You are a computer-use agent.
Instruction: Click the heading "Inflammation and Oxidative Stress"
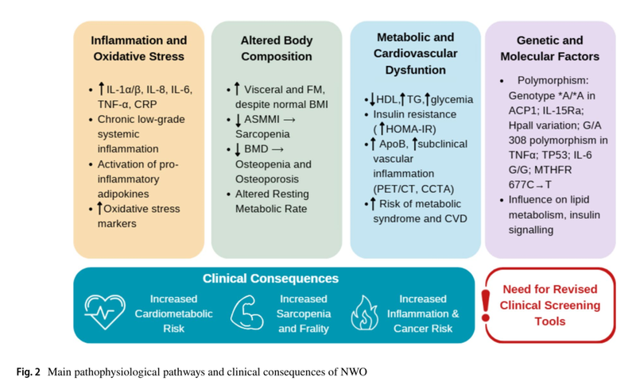tap(138, 48)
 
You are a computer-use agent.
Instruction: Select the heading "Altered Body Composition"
tap(276, 48)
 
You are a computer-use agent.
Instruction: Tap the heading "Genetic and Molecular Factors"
tap(549, 48)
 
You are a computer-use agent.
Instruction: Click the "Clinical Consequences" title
tap(271, 279)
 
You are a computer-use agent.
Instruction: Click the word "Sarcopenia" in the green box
tap(260, 133)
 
